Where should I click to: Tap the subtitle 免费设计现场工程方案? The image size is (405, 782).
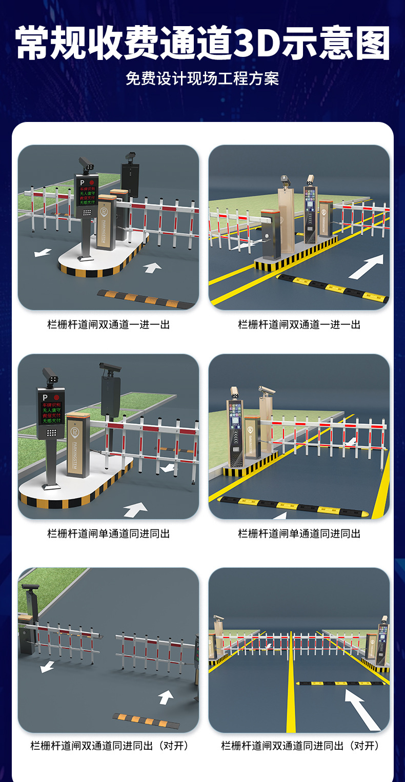[x=202, y=79]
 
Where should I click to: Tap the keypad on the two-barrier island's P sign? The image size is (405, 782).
[x=87, y=211]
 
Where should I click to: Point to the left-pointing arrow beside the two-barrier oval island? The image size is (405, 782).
[x=43, y=252]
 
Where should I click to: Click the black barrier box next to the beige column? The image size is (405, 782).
[x=270, y=233]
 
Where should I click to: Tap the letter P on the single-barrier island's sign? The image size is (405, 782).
[x=45, y=397]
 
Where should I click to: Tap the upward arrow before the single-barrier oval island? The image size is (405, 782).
[x=134, y=509]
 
